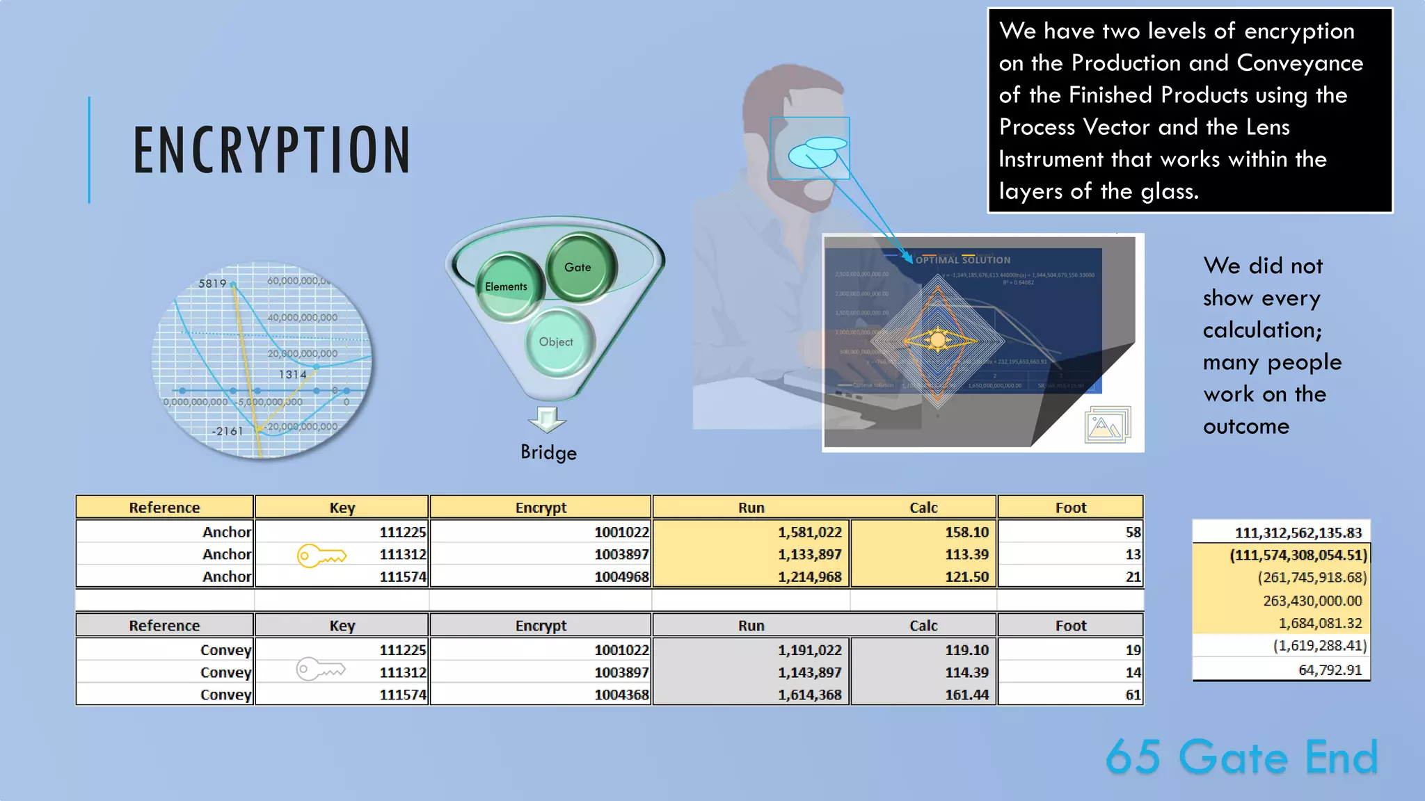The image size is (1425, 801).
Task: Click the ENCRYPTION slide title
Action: point(271,150)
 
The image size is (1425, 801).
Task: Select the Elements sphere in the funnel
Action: point(507,286)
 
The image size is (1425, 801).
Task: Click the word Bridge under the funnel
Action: point(548,453)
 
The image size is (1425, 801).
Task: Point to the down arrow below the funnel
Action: point(547,419)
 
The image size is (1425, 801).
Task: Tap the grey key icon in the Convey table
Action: point(321,670)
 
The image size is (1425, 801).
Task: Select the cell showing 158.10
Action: point(966,532)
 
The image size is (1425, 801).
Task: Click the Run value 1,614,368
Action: point(809,695)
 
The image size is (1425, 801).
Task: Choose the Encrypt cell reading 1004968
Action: point(621,576)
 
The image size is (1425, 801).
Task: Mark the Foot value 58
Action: point(1133,532)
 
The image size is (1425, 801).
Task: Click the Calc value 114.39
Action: point(966,672)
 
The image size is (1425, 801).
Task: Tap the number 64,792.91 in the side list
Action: point(1330,670)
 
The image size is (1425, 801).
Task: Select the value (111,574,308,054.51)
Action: point(1298,555)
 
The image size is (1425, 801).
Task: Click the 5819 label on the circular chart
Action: point(212,284)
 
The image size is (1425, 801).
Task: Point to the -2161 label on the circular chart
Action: point(228,431)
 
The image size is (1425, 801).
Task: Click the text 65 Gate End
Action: point(1241,756)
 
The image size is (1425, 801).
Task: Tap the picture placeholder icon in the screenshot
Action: point(1107,424)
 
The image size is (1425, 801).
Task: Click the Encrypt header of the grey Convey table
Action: point(541,626)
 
